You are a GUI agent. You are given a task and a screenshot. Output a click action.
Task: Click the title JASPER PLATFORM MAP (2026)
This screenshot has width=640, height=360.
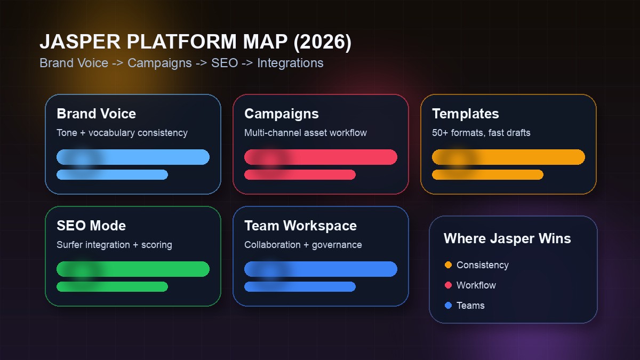click(x=195, y=43)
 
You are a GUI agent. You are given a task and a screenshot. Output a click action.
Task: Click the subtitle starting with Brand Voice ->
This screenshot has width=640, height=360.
click(x=181, y=63)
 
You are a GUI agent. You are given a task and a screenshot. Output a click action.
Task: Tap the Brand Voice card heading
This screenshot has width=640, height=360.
click(x=96, y=114)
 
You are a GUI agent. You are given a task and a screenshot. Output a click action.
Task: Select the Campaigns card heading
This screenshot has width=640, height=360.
click(x=281, y=114)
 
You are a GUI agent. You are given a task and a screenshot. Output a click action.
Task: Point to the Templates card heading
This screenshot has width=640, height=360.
click(x=465, y=114)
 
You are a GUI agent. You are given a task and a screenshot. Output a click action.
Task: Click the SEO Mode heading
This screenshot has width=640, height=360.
click(x=91, y=226)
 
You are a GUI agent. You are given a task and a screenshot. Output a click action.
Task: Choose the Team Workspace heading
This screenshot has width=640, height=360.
click(x=300, y=226)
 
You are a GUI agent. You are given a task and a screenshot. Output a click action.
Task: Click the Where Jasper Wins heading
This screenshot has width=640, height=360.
click(x=507, y=238)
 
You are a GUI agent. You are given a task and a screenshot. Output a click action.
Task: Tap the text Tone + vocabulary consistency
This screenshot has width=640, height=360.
click(x=122, y=133)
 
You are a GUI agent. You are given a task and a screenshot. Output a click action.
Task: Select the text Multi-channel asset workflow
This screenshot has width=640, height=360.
click(x=306, y=133)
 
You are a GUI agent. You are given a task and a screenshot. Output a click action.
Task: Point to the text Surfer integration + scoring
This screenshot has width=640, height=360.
click(x=114, y=245)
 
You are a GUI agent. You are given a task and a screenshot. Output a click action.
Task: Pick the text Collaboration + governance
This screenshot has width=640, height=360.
click(x=303, y=245)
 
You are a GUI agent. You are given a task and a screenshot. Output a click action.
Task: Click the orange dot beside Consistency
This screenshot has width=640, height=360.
click(x=448, y=265)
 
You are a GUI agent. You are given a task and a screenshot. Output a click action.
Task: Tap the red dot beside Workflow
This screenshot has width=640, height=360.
click(x=448, y=285)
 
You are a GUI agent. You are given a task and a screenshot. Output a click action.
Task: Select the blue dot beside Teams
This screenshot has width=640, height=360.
click(x=448, y=306)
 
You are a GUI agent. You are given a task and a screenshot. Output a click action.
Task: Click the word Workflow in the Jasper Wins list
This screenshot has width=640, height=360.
click(x=476, y=285)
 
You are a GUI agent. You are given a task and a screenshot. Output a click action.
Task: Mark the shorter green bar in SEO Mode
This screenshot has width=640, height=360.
click(x=112, y=286)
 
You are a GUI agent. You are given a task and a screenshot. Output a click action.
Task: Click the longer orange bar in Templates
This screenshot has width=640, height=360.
click(x=508, y=157)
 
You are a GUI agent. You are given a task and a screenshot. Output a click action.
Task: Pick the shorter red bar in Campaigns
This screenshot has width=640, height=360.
click(x=300, y=174)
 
